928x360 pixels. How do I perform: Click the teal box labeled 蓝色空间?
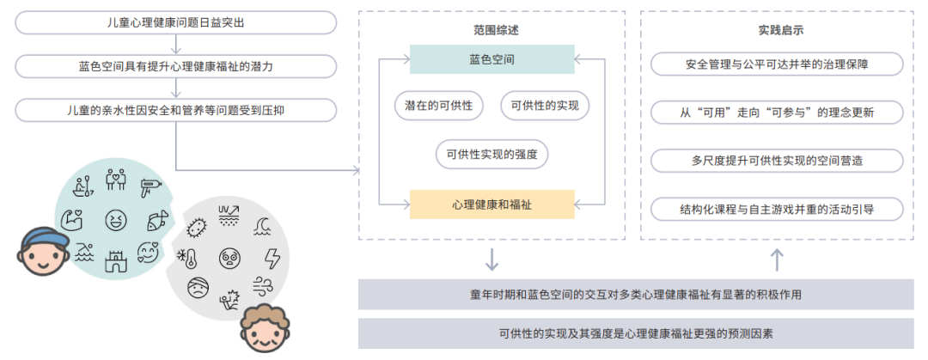[491, 59]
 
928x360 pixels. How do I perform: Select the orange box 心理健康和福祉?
[491, 204]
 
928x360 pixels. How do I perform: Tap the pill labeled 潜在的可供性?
[438, 106]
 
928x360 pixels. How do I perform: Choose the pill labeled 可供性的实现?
[545, 106]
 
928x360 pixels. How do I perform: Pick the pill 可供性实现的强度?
[491, 155]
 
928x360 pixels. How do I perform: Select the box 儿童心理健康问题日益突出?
[175, 21]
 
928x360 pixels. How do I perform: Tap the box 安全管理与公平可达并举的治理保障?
[777, 64]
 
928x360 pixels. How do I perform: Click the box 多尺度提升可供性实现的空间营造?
[777, 161]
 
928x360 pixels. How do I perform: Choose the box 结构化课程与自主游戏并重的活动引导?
[777, 209]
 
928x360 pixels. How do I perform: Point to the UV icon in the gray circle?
[229, 215]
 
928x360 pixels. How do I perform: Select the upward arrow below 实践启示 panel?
[777, 258]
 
